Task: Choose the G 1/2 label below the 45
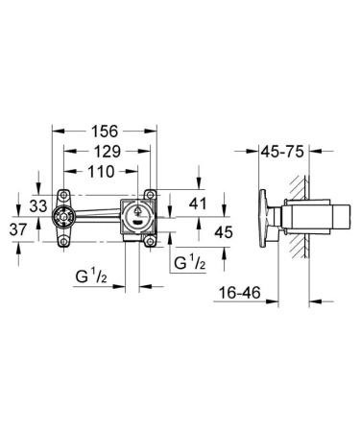[189, 260]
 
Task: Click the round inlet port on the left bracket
[63, 216]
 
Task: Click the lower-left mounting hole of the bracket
[64, 241]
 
